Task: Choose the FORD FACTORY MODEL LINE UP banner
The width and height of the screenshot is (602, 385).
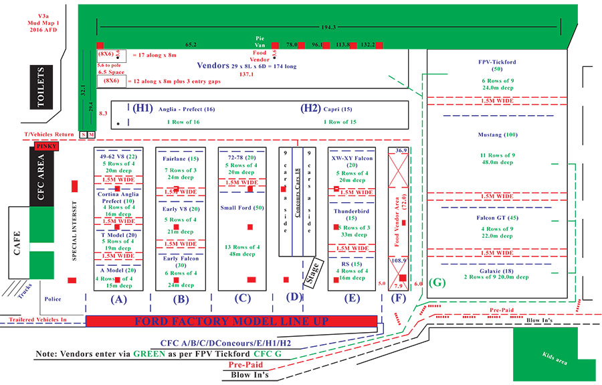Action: click(x=232, y=321)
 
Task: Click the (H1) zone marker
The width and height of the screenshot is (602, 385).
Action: click(x=141, y=108)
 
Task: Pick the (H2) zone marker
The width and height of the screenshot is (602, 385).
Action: click(x=309, y=108)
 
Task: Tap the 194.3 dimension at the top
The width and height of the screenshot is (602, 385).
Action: click(x=328, y=27)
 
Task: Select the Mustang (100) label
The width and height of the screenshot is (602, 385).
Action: click(x=496, y=135)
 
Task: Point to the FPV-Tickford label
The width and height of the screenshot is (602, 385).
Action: click(x=496, y=62)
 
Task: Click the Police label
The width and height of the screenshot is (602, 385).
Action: click(x=54, y=299)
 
